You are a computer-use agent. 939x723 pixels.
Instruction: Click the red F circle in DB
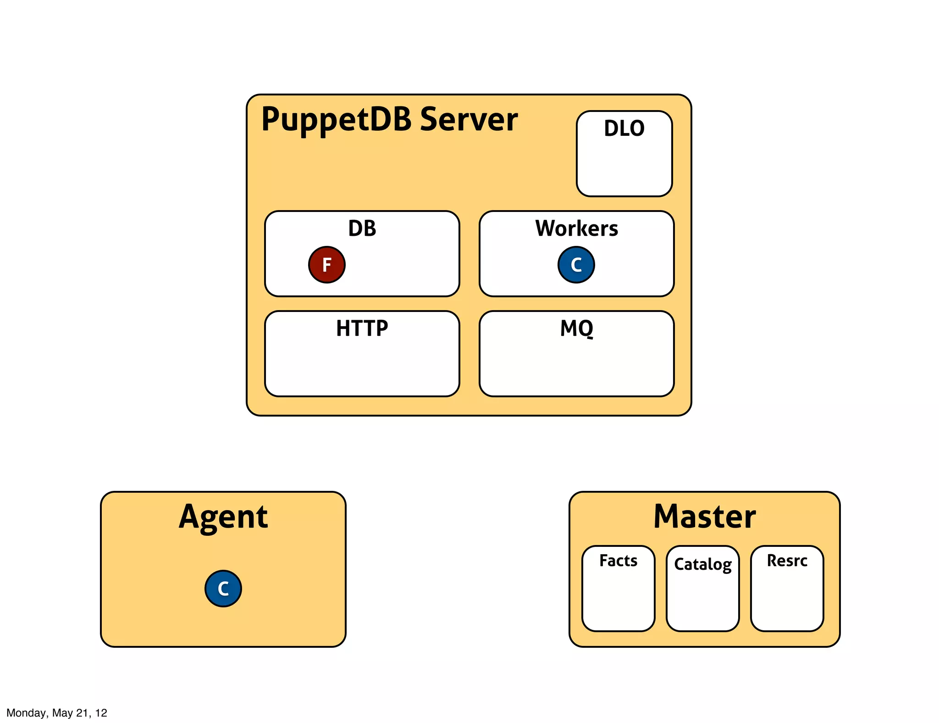[x=326, y=265]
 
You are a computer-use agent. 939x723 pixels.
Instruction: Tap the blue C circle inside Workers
[x=576, y=265]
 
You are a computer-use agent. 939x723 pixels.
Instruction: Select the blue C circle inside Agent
[x=223, y=589]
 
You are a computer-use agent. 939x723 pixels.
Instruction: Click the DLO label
[x=624, y=128]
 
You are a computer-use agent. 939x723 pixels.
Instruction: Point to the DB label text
[x=362, y=228]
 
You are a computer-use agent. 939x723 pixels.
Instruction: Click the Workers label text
[x=576, y=228]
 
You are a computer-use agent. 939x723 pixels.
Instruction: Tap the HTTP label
[x=362, y=328]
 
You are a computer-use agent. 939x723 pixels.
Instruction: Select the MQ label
[x=576, y=328]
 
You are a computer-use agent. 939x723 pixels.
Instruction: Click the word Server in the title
[x=469, y=119]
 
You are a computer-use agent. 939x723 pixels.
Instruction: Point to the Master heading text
[x=704, y=517]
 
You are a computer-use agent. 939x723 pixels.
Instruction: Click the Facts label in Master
[x=618, y=561]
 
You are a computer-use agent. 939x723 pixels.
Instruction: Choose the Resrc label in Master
[x=787, y=561]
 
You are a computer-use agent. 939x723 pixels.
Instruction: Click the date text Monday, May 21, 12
[x=57, y=713]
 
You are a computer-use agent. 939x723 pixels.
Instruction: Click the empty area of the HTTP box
[x=362, y=367]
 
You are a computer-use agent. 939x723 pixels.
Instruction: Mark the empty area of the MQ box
[x=576, y=367]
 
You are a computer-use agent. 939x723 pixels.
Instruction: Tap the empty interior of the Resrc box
[x=787, y=601]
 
